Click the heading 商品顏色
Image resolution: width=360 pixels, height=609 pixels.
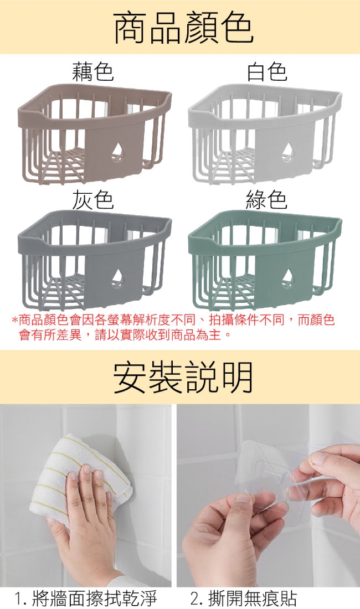pyautogui.click(x=183, y=27)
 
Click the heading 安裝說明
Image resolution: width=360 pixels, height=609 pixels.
pyautogui.click(x=183, y=376)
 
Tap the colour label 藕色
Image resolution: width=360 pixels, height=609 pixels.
pyautogui.click(x=93, y=71)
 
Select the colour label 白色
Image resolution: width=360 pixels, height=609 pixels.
pyautogui.click(x=267, y=71)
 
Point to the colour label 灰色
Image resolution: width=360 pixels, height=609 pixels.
pyautogui.click(x=93, y=200)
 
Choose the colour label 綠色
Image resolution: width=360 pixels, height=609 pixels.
pyautogui.click(x=267, y=200)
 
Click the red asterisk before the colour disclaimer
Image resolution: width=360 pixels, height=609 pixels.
pyautogui.click(x=15, y=321)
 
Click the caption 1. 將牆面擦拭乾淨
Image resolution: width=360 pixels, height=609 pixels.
pyautogui.click(x=86, y=598)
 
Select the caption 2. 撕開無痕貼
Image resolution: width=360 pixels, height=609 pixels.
pyautogui.click(x=244, y=598)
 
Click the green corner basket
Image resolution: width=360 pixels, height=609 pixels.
pyautogui.click(x=265, y=260)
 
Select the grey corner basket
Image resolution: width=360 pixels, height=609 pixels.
pyautogui.click(x=94, y=260)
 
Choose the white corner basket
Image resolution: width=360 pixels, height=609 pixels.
pyautogui.click(x=265, y=133)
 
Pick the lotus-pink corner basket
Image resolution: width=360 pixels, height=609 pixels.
pyautogui.click(x=94, y=133)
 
